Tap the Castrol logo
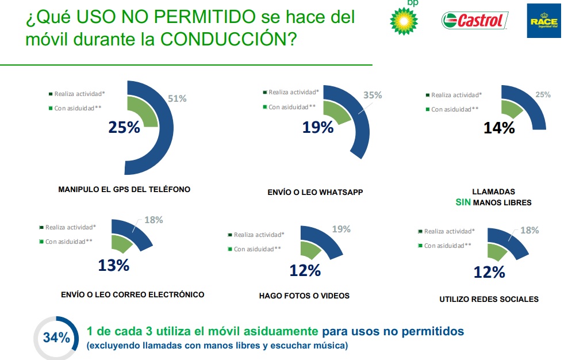tap(475, 21)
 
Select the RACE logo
tap(543, 21)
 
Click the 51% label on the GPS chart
tap(177, 98)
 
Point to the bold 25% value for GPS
tap(124, 128)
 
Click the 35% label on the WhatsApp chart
tap(373, 95)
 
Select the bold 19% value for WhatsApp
tap(318, 128)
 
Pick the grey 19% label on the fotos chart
tap(341, 229)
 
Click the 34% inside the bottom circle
tap(56, 338)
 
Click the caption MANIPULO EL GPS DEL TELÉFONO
tap(124, 189)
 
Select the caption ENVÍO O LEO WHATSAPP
tap(315, 193)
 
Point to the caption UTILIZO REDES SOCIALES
tap(489, 299)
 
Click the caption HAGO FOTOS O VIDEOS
tap(304, 296)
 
